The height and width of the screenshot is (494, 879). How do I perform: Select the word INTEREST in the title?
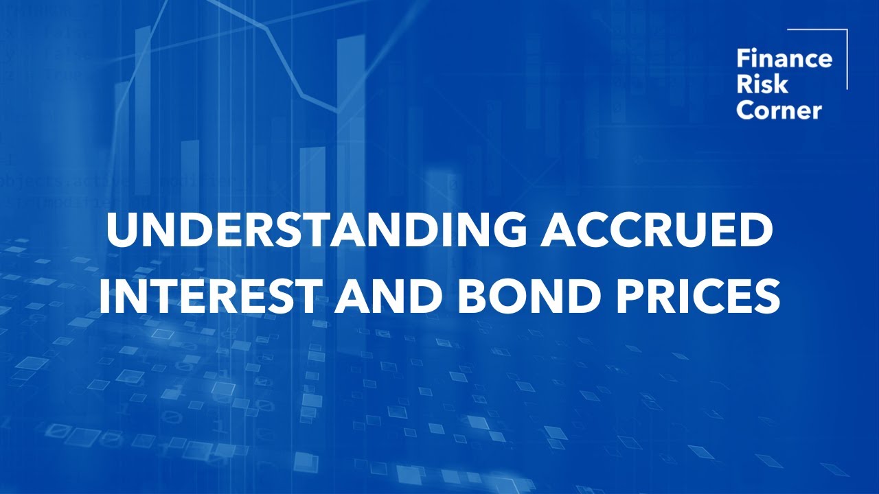coord(209,298)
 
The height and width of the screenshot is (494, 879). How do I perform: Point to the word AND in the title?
coord(375,298)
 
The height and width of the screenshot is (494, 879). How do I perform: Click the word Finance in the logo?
coord(784,59)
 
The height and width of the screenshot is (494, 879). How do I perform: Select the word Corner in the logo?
coord(779,110)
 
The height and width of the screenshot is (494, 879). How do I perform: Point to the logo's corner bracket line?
coord(846,58)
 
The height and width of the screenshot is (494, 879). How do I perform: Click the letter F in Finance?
coord(742,59)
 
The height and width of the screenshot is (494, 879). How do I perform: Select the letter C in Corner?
coord(744,110)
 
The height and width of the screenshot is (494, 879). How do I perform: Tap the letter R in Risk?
coord(743,85)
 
